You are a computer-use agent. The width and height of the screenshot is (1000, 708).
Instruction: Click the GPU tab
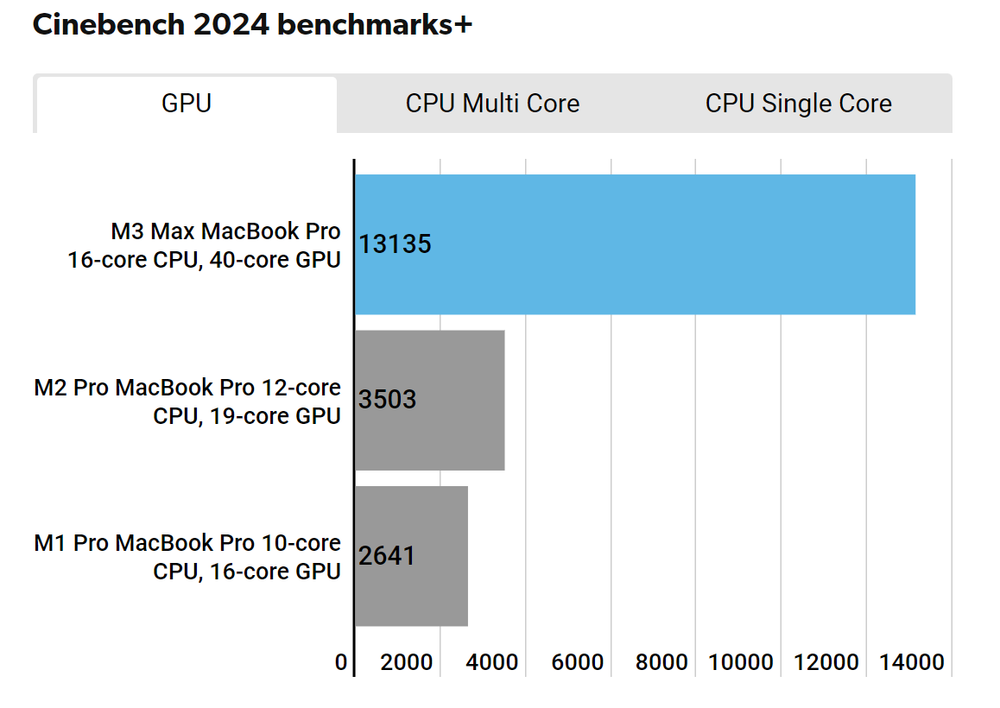click(x=187, y=104)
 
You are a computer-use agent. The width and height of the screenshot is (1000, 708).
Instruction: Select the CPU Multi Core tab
click(x=492, y=104)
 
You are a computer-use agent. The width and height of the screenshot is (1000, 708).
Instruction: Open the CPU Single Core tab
click(x=798, y=104)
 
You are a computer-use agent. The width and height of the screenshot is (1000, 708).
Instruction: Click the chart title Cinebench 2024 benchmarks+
click(x=252, y=25)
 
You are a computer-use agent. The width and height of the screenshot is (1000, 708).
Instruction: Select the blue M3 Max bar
click(x=635, y=244)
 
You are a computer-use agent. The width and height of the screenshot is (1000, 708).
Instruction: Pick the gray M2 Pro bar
click(x=429, y=400)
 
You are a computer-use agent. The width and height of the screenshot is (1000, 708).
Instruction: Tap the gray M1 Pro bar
click(x=411, y=555)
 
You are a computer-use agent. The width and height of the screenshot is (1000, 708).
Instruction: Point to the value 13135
click(x=395, y=244)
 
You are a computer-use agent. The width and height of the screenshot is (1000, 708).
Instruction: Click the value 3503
click(x=387, y=400)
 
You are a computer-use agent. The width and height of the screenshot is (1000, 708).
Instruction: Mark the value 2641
click(x=387, y=555)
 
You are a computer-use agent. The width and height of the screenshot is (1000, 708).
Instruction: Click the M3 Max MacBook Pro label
click(x=205, y=245)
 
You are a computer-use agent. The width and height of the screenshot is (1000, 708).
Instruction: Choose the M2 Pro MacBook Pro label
click(x=187, y=401)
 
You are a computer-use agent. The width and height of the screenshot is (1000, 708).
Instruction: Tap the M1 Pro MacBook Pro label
click(x=187, y=556)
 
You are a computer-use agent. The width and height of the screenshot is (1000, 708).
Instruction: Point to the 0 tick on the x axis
click(x=341, y=662)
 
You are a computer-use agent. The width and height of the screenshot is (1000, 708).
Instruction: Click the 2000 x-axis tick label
click(x=407, y=662)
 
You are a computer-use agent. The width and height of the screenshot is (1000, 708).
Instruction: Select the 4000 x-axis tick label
click(x=492, y=662)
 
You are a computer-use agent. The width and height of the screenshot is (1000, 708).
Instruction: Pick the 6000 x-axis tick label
click(x=577, y=662)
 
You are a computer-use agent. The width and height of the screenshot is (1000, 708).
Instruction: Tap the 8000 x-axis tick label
click(x=662, y=662)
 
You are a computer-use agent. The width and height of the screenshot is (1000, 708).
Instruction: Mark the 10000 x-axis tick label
click(x=742, y=662)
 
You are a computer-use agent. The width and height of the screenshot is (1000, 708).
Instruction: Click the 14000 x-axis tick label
click(x=912, y=662)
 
